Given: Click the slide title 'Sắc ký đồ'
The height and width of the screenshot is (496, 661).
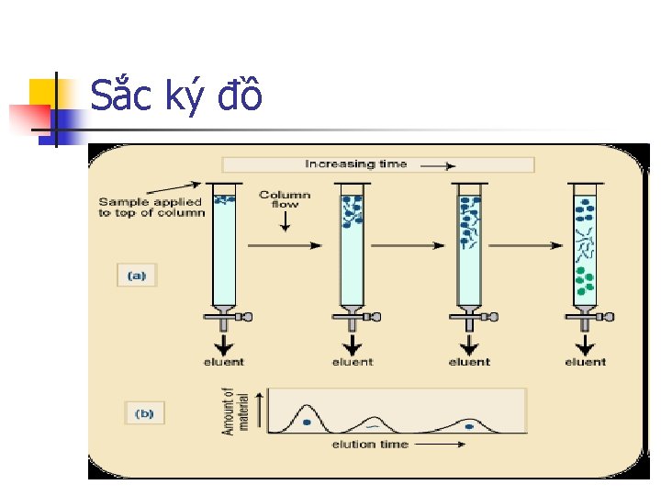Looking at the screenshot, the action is click(x=176, y=95).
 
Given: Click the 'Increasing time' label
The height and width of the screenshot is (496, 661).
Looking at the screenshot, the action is click(x=356, y=164).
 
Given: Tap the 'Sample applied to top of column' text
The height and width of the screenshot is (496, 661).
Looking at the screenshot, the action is click(x=151, y=208).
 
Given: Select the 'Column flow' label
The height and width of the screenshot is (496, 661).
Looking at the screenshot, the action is click(x=285, y=199).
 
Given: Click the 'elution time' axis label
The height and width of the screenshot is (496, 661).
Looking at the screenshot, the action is click(x=371, y=445).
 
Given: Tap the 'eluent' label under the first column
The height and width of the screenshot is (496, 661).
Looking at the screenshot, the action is click(x=223, y=362).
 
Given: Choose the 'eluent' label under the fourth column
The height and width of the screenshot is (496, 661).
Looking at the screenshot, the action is click(x=585, y=362).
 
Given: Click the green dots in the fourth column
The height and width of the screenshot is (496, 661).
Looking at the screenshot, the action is click(x=584, y=280).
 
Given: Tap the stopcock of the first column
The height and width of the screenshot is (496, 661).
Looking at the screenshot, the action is click(x=228, y=317).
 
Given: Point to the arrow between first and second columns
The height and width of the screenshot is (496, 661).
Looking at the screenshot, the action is click(x=285, y=245).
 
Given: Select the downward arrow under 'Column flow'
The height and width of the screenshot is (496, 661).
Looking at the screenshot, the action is click(x=285, y=220).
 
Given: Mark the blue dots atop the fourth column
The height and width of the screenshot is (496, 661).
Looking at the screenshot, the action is click(x=584, y=212).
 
